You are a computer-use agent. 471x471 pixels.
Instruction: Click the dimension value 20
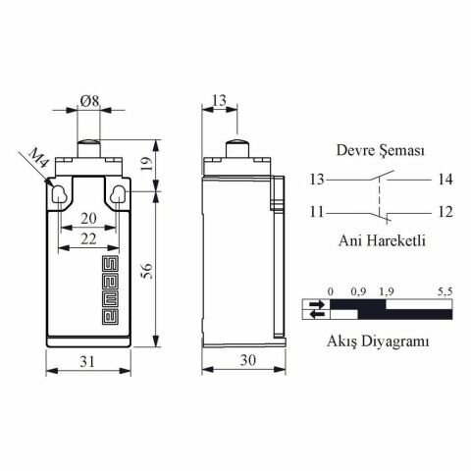click(x=89, y=218)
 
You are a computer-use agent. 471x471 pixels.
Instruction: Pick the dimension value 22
click(x=89, y=238)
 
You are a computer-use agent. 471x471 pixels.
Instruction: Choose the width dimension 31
click(x=89, y=361)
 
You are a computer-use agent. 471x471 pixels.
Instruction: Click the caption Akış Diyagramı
click(x=378, y=341)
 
